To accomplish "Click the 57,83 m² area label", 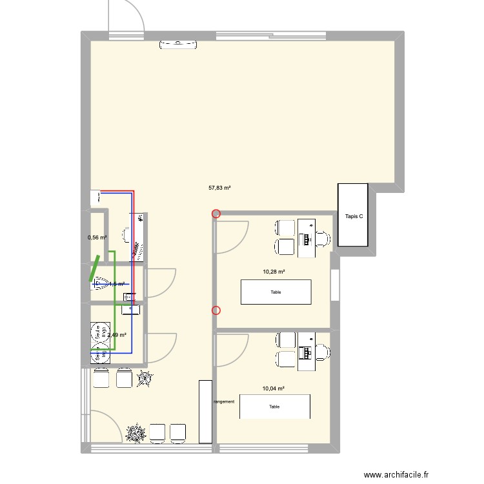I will pyautogui.click(x=219, y=188).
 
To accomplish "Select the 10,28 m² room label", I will pyautogui.click(x=274, y=272).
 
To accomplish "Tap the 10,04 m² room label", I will pyautogui.click(x=274, y=388).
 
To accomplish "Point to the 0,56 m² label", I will pyautogui.click(x=97, y=237).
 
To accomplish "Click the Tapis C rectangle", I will pyautogui.click(x=353, y=215).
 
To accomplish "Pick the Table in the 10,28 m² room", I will pyautogui.click(x=276, y=292).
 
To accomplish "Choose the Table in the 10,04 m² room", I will pyautogui.click(x=275, y=407).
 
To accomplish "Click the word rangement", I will pyautogui.click(x=224, y=401).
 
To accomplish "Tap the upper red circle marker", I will pyautogui.click(x=216, y=214).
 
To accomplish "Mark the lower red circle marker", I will pyautogui.click(x=216, y=310).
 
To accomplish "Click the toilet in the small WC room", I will pyautogui.click(x=99, y=282).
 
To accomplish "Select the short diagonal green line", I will pyautogui.click(x=94, y=269).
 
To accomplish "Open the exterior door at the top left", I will pyautogui.click(x=126, y=16).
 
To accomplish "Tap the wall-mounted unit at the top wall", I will pyautogui.click(x=177, y=45).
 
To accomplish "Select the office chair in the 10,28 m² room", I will pyautogui.click(x=323, y=238).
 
